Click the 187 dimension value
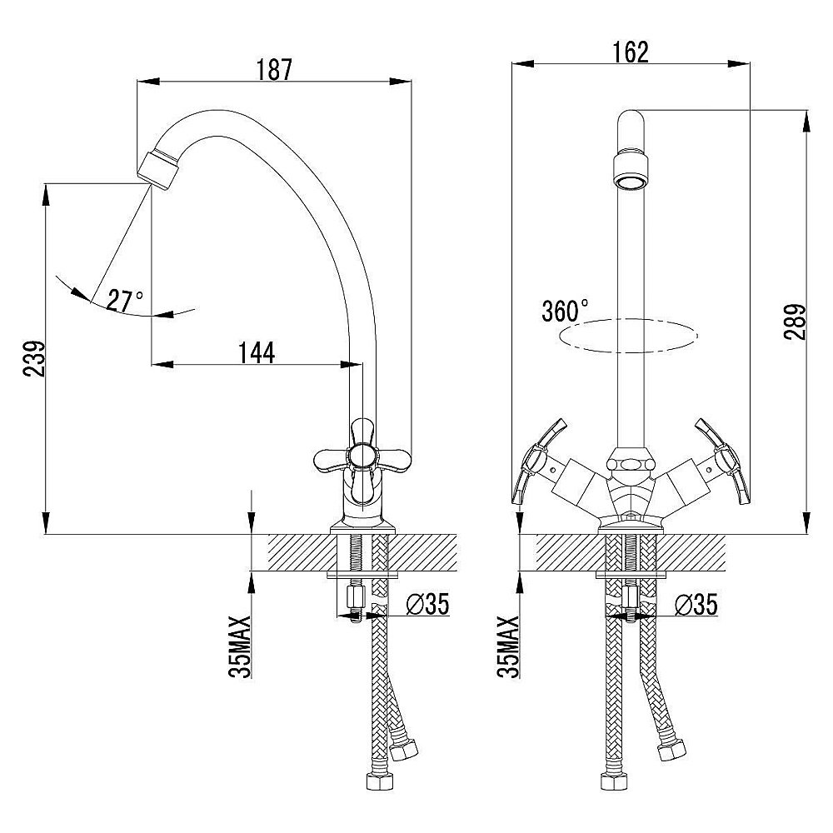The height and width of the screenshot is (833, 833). (x=275, y=70)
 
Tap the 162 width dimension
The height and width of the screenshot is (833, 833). (x=631, y=52)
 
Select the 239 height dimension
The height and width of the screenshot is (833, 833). (x=34, y=359)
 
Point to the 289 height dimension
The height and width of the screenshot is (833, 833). (x=795, y=322)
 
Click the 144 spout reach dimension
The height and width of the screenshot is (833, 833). (x=257, y=352)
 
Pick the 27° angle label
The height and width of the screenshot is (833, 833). (x=125, y=301)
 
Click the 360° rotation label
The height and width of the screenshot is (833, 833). (x=565, y=311)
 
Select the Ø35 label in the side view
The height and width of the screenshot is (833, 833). (x=427, y=603)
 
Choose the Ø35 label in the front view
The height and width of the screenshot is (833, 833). (x=696, y=604)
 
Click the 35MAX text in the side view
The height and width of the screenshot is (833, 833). (x=240, y=646)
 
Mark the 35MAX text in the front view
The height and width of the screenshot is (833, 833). (x=508, y=646)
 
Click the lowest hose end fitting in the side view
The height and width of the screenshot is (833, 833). (x=380, y=782)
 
